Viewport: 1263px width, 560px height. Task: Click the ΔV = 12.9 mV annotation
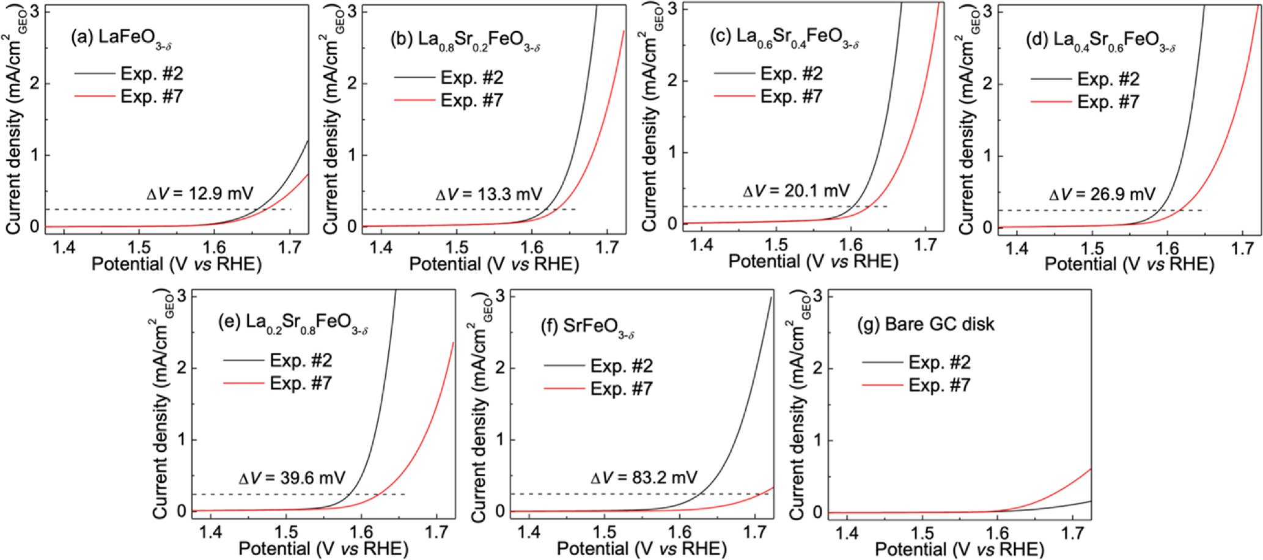(200, 194)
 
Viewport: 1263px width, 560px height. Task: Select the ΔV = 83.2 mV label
(643, 477)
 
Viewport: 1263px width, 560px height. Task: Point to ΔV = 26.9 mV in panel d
(1102, 194)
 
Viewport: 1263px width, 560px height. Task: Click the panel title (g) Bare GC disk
(927, 324)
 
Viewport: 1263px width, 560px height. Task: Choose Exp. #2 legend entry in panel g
(939, 363)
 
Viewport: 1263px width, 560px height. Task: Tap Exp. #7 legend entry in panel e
(301, 383)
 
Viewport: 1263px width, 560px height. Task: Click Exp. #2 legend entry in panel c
(791, 74)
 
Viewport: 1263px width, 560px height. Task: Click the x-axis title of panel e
(323, 548)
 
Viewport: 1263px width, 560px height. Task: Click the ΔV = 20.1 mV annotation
(796, 191)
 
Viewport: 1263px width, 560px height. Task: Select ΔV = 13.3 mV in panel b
(488, 194)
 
